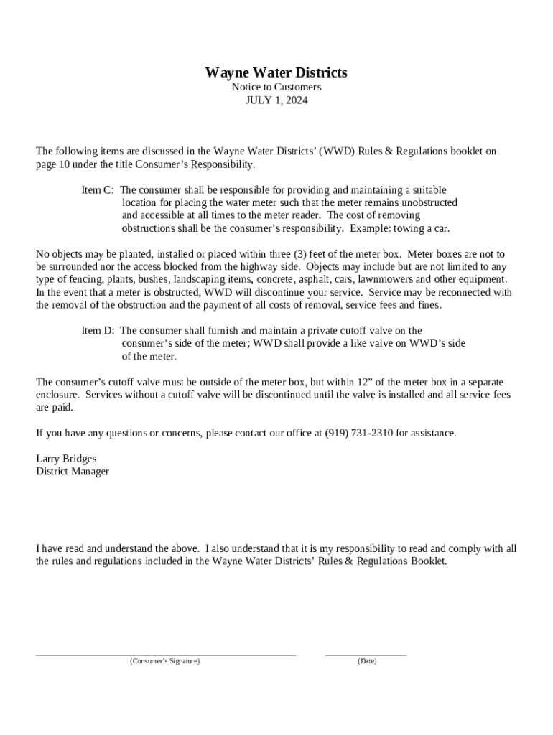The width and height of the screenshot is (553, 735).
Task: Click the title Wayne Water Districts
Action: (276, 72)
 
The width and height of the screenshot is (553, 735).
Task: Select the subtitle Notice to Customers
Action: (276, 87)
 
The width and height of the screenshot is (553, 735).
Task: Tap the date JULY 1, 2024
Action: (276, 100)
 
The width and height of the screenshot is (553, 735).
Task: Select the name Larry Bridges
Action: (66, 459)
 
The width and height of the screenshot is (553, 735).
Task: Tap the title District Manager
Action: (73, 472)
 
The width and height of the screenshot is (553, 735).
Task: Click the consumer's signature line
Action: (166, 654)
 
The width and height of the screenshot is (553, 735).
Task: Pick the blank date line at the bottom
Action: (366, 654)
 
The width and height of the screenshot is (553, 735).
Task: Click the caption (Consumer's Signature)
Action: (165, 661)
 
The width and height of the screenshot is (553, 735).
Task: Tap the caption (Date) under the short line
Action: (366, 661)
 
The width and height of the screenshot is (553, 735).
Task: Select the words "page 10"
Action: (50, 164)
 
